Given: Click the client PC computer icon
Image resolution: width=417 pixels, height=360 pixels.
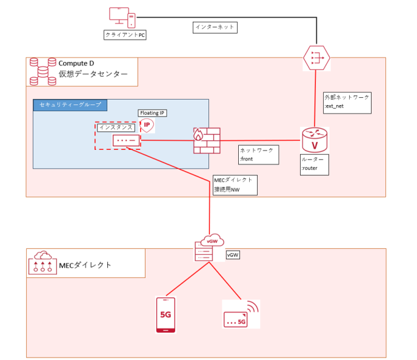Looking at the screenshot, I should tap(121, 18).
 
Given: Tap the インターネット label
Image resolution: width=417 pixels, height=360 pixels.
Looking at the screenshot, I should tap(215, 27).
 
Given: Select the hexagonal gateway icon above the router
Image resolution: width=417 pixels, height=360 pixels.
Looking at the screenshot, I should tap(316, 57).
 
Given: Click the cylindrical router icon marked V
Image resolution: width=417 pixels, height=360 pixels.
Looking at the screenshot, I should tap(314, 140).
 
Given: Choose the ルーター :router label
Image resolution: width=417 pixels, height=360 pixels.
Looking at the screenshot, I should tap(314, 165).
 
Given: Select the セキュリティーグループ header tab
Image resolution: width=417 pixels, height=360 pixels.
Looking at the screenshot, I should tap(70, 105).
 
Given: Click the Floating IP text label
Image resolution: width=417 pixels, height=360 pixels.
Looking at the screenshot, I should tap(152, 113).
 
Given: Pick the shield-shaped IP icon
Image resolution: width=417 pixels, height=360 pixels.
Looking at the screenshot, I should tap(146, 125).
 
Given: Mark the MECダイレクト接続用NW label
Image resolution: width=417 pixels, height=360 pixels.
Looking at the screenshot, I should tap(235, 185).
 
